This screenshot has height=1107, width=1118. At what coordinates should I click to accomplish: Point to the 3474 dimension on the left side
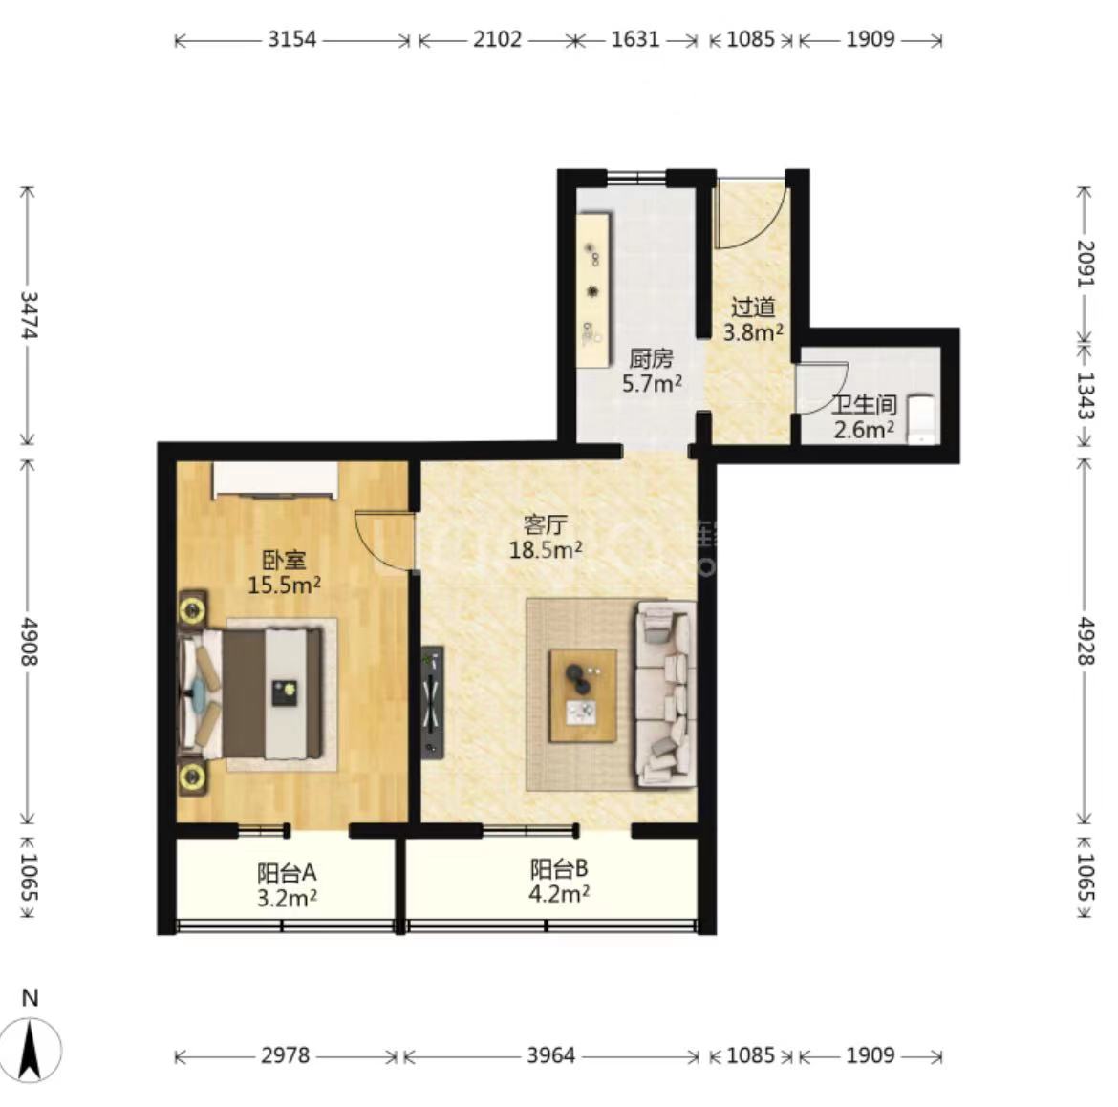29,314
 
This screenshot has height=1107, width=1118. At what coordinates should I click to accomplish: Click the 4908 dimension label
29,642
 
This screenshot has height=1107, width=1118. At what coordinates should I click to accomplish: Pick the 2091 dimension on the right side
1085,264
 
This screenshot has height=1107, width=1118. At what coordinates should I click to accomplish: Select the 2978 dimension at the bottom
285,1055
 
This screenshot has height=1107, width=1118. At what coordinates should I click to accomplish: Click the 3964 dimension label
551,1055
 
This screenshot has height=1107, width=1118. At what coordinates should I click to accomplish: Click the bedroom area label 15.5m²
284,585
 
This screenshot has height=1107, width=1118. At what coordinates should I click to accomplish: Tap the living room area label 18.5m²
546,549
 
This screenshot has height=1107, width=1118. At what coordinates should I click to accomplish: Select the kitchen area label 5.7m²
652,384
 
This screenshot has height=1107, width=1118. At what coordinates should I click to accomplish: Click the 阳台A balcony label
287,873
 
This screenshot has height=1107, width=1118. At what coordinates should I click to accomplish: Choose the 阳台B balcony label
559,869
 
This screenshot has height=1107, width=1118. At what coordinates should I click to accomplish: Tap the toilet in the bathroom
921,420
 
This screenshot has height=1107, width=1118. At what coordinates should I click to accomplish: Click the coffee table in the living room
583,695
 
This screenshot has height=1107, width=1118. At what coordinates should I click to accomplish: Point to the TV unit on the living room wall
432,702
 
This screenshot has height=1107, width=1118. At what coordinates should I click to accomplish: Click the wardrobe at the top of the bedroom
275,479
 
